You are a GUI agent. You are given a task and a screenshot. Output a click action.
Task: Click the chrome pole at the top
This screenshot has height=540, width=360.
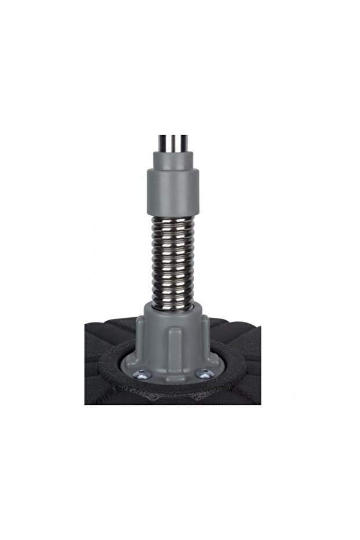[x=173, y=141]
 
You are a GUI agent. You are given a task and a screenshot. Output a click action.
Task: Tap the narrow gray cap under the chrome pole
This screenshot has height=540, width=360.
[x=173, y=158]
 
